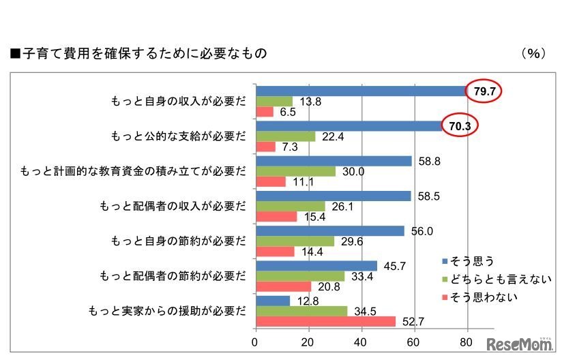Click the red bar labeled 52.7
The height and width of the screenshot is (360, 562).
tap(325, 321)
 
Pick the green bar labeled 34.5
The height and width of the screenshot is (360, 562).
tap(301, 311)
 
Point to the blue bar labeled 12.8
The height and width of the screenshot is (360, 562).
tap(272, 301)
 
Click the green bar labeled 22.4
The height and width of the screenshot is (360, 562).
tap(285, 136)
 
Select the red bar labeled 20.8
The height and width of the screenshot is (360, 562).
tap(283, 286)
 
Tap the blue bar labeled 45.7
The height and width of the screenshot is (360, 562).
tap(316, 266)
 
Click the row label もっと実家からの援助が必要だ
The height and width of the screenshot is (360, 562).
tap(167, 311)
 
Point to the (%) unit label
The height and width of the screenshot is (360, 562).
tap(533, 52)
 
